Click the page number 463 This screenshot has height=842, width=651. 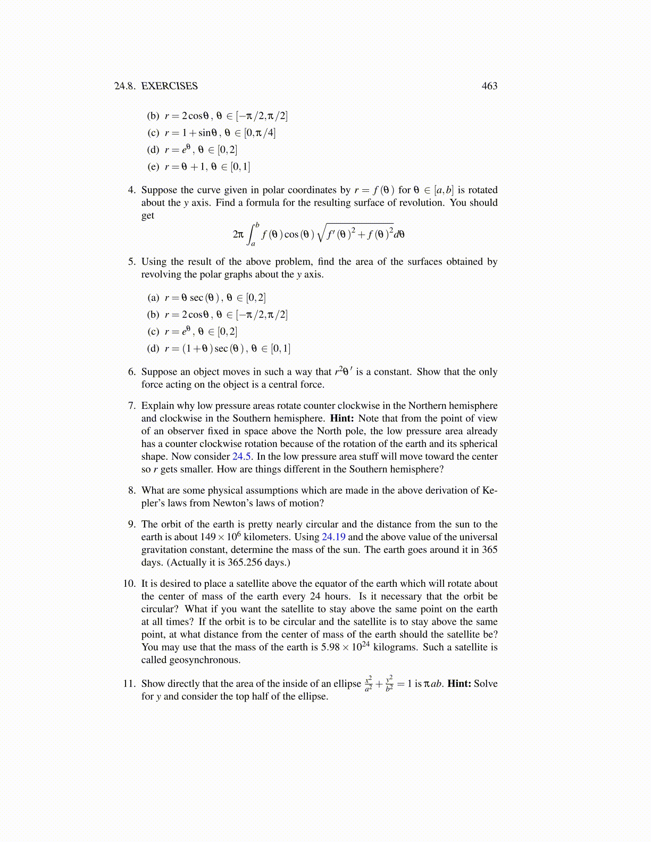tap(489, 86)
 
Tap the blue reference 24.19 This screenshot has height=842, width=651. tap(333, 537)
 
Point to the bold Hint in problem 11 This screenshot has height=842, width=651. tap(459, 684)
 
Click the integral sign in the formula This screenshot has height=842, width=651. tap(253, 234)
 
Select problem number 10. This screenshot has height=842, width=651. tap(130, 584)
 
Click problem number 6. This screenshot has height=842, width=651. tap(132, 372)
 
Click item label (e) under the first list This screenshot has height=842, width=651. tap(153, 167)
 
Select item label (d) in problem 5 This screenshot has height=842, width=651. tap(153, 349)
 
